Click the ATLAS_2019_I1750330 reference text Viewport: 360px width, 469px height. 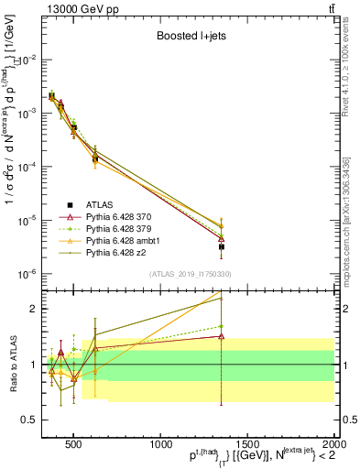(190, 274)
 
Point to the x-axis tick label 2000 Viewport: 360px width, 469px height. (333, 441)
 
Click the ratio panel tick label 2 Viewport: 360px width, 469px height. (34, 309)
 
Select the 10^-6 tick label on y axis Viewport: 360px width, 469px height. (28, 274)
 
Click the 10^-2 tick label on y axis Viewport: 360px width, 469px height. (28, 59)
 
